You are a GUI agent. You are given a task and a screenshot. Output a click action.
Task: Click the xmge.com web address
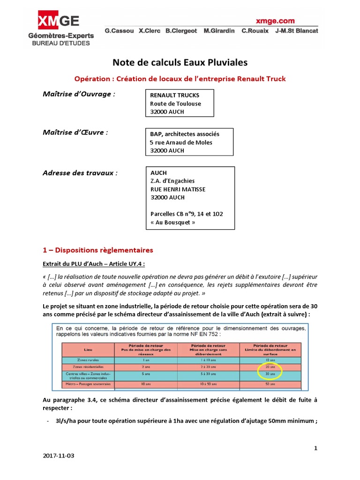[x=275, y=21]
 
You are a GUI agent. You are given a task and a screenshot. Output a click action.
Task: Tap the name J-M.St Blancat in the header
[x=297, y=31]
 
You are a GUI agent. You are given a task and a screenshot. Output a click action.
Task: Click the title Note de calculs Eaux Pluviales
[x=180, y=62]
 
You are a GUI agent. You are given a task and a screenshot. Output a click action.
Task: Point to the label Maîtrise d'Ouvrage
[x=79, y=94]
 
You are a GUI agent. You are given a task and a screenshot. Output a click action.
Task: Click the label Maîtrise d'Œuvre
[x=75, y=133]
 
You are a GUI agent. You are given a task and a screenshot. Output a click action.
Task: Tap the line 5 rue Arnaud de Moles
[x=181, y=142]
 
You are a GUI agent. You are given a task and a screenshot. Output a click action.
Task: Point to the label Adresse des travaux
[x=80, y=172]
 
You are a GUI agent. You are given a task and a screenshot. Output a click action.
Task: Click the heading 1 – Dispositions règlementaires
[x=97, y=250]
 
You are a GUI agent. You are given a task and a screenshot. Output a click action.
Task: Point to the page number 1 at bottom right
[x=316, y=448]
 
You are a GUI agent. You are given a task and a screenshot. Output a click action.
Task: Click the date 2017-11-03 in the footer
[x=58, y=456]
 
